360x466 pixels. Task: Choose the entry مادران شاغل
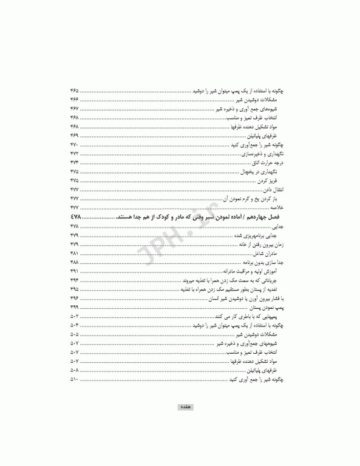click(x=271, y=252)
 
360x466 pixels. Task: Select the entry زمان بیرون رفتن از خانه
click(x=261, y=243)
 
